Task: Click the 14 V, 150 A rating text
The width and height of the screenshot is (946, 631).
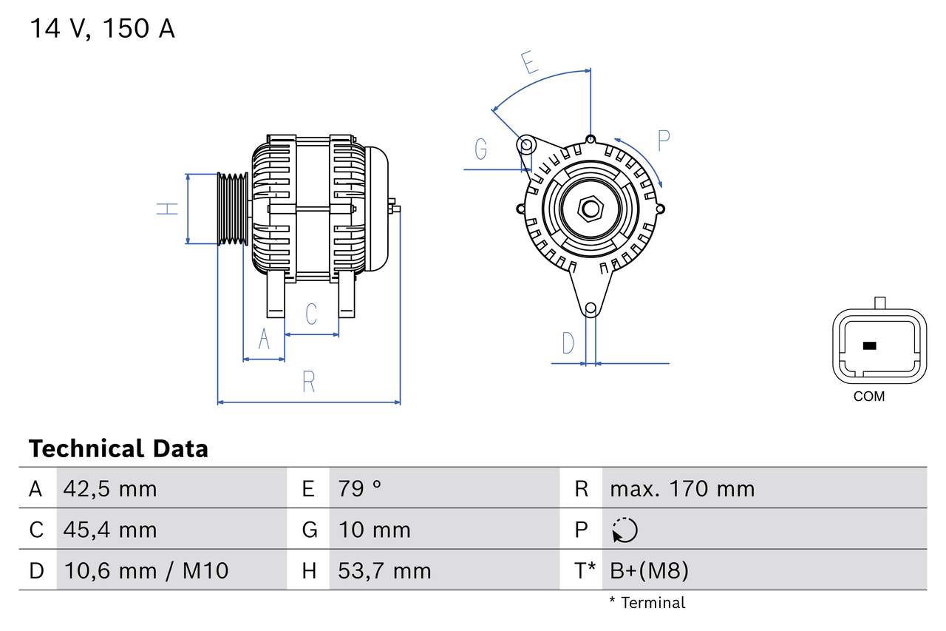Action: [102, 29]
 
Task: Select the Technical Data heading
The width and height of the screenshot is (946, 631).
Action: [118, 448]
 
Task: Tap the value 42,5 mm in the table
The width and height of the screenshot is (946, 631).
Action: [110, 489]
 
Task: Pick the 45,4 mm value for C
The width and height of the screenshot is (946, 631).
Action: [110, 530]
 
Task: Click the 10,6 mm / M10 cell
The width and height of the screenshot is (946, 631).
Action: [146, 570]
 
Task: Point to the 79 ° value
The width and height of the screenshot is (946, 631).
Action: [360, 489]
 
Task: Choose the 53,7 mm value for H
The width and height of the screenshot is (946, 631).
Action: [384, 570]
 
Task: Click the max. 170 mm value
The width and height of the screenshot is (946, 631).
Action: [682, 489]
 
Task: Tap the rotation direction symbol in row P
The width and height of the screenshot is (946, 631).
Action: [625, 530]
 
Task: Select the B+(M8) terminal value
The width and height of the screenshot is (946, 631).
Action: [649, 570]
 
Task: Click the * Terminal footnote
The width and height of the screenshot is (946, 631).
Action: [647, 603]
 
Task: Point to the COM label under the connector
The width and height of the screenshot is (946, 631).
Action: [868, 397]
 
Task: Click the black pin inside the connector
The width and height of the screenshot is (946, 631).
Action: [869, 345]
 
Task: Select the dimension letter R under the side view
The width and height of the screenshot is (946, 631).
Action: [309, 382]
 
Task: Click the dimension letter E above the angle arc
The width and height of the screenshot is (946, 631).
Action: [528, 62]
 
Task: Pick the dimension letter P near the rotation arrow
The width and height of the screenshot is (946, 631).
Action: [663, 140]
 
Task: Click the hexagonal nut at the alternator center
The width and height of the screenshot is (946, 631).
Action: [590, 208]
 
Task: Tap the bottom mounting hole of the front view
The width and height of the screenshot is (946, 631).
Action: [590, 308]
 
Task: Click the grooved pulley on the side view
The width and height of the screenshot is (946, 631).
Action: [232, 209]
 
